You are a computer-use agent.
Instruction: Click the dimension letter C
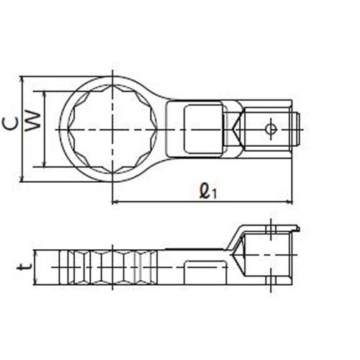tap(10, 125)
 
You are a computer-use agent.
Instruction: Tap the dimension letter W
tap(33, 122)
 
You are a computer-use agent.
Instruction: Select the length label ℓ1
tap(207, 192)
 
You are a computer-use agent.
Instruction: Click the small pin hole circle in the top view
tap(271, 130)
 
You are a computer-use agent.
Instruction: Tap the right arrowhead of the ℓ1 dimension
tap(289, 203)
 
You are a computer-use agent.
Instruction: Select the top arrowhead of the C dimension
tap(22, 80)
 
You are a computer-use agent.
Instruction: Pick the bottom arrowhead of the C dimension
tap(22, 178)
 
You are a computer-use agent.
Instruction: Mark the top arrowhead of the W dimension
tap(45, 94)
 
